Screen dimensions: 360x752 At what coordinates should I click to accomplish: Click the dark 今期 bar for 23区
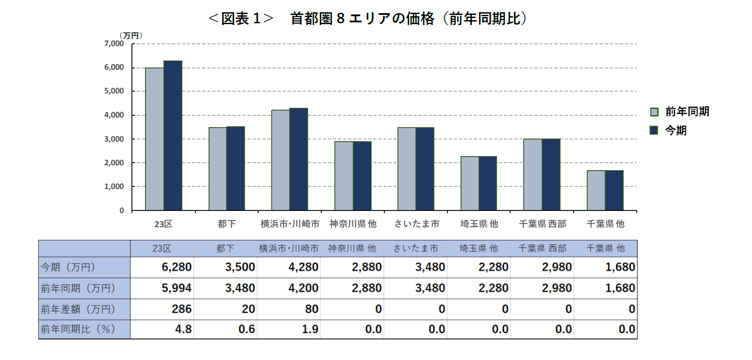coord(173,136)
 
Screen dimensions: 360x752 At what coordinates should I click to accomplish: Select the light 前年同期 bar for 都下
coord(217,169)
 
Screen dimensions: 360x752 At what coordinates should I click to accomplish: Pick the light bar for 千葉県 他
coord(596,190)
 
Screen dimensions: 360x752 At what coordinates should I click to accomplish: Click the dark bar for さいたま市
coord(425,169)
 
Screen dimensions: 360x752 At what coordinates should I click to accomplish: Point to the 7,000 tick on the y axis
coord(114,43)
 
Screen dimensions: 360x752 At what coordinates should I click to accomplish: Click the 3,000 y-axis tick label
coord(114,139)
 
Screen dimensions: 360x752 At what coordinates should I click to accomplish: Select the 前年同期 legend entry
coord(680,112)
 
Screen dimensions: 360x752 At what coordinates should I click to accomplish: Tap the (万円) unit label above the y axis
coord(131,35)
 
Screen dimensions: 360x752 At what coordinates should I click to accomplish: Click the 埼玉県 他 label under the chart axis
coord(479,224)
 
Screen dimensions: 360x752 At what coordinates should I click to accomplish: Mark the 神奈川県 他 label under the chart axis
coord(353,224)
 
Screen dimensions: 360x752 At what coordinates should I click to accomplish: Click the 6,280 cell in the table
coord(177,267)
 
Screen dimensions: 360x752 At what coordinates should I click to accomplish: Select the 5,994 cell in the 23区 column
coord(177,288)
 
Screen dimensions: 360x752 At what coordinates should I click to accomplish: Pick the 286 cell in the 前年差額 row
coord(181,309)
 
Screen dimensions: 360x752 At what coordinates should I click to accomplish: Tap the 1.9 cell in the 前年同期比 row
coord(310,329)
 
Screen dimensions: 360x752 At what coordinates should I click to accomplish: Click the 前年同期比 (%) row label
coord(78,329)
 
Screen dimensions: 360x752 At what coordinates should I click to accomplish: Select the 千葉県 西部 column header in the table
coord(542,249)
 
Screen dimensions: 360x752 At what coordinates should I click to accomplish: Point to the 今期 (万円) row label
coord(68,267)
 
